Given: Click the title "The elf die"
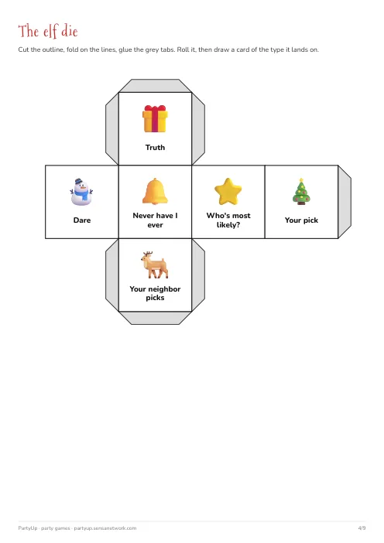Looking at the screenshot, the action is (48, 31).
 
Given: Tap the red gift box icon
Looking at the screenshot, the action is (155, 119).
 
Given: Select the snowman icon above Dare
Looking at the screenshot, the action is (82, 192).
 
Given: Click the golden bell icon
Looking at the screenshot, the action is (155, 191).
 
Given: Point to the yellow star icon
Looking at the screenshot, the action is (228, 191).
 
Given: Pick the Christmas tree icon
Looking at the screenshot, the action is (301, 192).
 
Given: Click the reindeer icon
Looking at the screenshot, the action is (155, 265).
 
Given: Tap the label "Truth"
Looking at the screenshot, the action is (155, 148).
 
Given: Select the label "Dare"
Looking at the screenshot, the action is (82, 220).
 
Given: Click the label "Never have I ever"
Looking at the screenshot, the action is (155, 220).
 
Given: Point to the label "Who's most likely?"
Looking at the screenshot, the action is (228, 220).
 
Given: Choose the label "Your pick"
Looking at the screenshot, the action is (301, 220).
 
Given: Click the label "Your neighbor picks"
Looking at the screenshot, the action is (155, 293).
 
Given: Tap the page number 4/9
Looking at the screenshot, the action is (362, 528).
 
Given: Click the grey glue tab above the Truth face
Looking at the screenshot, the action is (155, 86).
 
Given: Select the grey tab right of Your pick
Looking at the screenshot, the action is (345, 202).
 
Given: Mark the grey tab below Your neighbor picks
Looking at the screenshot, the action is (155, 318).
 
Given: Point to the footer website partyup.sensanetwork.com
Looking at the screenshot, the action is (105, 528).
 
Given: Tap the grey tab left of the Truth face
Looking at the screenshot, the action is (112, 128).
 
